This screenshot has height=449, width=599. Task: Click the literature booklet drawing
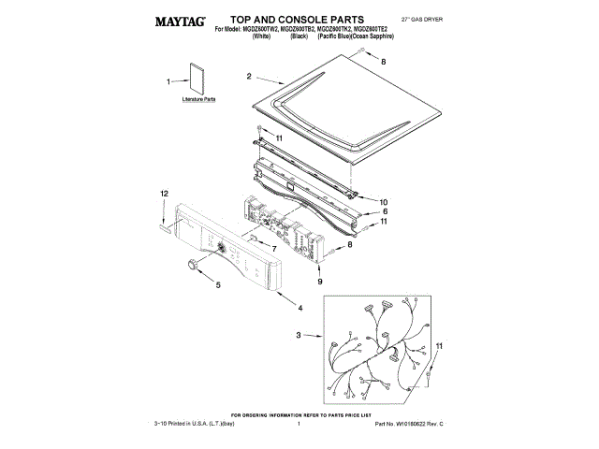click(x=197, y=80)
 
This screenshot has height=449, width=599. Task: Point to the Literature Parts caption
click(x=197, y=98)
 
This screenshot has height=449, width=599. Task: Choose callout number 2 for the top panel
click(x=250, y=76)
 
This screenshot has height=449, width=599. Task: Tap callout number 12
click(x=163, y=193)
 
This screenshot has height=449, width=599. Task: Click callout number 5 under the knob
click(x=218, y=286)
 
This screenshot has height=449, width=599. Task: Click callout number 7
click(x=273, y=249)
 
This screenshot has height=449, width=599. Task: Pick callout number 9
click(x=320, y=281)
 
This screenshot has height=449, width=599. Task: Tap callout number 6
click(x=384, y=212)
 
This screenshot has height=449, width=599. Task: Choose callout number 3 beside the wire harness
click(x=298, y=336)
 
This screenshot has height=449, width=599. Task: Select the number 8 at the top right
click(x=382, y=60)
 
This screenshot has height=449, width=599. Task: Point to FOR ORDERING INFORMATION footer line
click(x=302, y=414)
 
